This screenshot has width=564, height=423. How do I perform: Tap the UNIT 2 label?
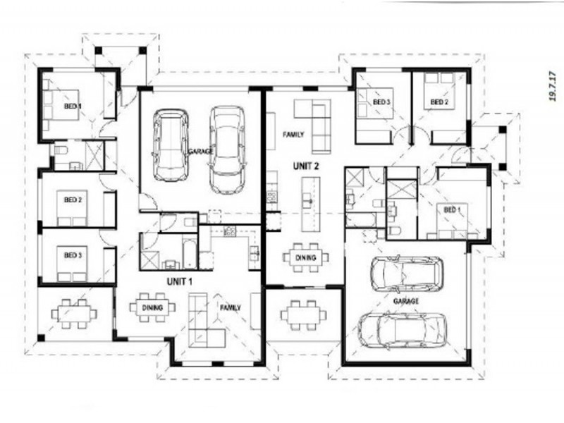point(307,166)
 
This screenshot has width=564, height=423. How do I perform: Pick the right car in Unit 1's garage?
point(227,149)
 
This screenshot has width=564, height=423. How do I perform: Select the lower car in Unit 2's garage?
point(403,331)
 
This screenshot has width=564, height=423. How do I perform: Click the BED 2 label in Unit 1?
point(73,200)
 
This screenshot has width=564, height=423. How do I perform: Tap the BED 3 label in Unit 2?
point(381,103)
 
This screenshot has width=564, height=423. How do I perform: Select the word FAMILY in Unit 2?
point(293,133)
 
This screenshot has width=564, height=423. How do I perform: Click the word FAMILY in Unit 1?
point(230,308)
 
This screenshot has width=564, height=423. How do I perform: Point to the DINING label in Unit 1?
point(153,308)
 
